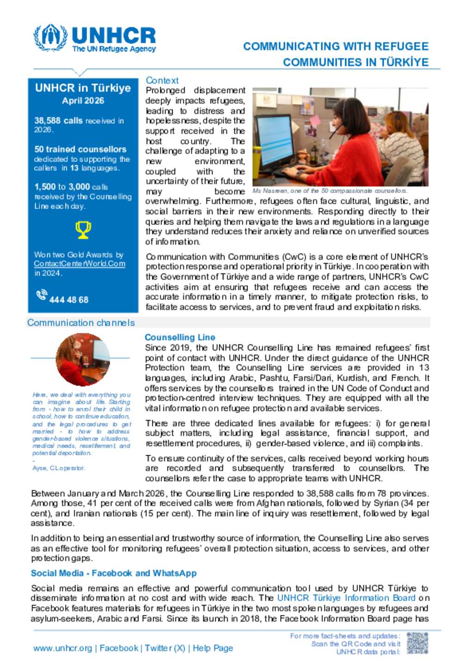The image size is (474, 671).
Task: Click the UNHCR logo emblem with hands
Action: (x=50, y=38)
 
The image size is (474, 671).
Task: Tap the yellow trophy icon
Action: (x=83, y=230)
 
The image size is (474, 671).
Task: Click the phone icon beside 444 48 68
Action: (x=42, y=295)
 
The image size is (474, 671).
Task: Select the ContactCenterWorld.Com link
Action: (x=79, y=264)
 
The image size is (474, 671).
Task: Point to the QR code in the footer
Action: (x=417, y=644)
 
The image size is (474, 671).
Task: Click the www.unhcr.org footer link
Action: (x=62, y=648)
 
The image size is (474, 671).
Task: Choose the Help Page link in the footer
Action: (x=213, y=648)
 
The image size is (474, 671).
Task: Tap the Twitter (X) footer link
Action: (x=165, y=648)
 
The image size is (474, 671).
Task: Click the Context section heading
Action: (x=162, y=81)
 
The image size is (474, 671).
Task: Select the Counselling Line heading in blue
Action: (x=180, y=338)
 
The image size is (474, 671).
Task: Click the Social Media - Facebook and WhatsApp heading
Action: (x=114, y=573)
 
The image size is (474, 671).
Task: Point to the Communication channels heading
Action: (x=81, y=323)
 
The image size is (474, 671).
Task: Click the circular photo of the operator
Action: (x=83, y=360)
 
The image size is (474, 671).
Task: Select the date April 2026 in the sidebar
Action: (x=83, y=101)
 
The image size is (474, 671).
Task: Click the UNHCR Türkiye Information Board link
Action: (x=346, y=598)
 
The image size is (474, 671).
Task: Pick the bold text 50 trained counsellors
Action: (x=80, y=150)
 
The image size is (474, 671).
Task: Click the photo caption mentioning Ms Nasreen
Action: (x=330, y=191)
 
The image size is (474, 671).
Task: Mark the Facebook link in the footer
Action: (x=119, y=648)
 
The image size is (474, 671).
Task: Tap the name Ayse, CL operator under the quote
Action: (x=58, y=468)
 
